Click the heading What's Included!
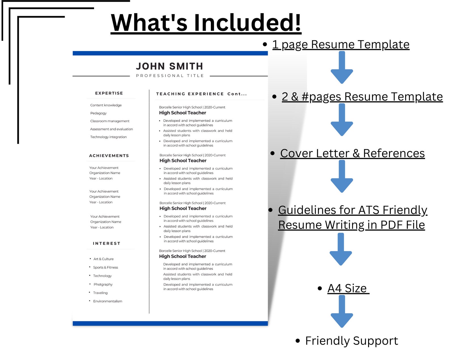pyautogui.click(x=206, y=22)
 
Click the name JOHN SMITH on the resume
pyautogui.click(x=169, y=66)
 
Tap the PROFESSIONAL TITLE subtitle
pyautogui.click(x=170, y=75)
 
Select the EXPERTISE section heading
pyautogui.click(x=109, y=93)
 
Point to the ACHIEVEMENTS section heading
pyautogui.click(x=109, y=156)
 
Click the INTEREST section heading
pyautogui.click(x=107, y=243)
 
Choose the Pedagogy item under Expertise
pyautogui.click(x=98, y=113)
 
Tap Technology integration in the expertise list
pyautogui.click(x=108, y=137)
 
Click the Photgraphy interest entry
pyautogui.click(x=103, y=284)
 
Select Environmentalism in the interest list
pyautogui.click(x=107, y=301)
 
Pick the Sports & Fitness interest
pyautogui.click(x=105, y=267)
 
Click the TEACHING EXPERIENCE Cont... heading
pyautogui.click(x=201, y=94)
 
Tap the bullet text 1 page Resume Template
pyautogui.click(x=341, y=45)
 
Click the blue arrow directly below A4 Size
pyautogui.click(x=342, y=311)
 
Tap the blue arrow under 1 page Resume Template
pyautogui.click(x=342, y=67)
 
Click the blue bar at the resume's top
pyautogui.click(x=170, y=53)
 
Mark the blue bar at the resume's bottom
pyautogui.click(x=170, y=323)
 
